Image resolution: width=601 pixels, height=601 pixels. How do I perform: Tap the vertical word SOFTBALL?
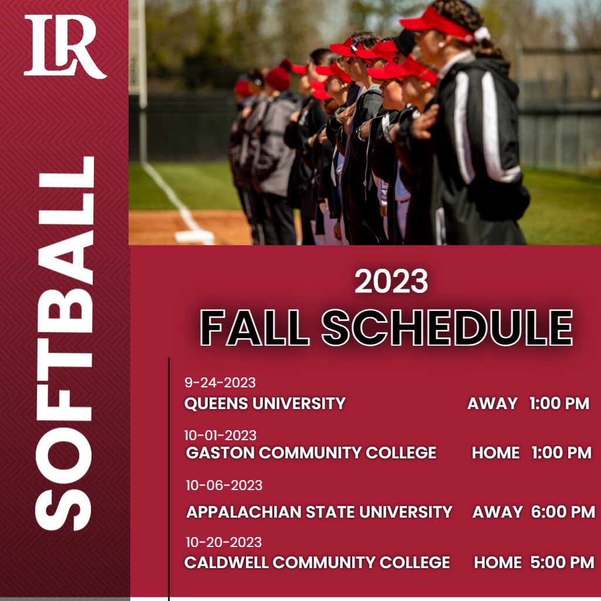65,343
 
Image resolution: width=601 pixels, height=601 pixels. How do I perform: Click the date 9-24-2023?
220,383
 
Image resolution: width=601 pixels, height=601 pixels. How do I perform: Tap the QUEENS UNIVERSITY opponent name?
265,404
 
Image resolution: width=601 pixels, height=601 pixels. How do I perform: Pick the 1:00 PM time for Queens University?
559,404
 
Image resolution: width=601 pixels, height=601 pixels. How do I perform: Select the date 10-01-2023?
220,435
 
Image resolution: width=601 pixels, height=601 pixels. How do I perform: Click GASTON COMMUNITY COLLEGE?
311,453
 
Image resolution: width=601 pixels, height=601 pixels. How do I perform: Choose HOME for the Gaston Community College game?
496,453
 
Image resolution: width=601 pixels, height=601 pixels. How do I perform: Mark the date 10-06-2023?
224,485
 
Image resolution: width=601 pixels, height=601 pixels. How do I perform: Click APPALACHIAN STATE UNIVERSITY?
319,512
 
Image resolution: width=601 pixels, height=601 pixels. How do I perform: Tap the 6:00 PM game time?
563,512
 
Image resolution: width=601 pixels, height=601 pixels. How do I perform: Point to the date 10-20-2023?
224,542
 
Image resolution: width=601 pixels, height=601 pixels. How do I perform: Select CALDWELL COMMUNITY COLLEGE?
317,562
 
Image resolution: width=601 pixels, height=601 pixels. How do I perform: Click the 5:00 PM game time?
562,562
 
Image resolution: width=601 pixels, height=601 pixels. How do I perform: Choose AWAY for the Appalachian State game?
497,512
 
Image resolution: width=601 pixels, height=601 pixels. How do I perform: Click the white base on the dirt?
194,237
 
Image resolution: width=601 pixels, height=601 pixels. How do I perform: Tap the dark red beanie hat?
278,77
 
